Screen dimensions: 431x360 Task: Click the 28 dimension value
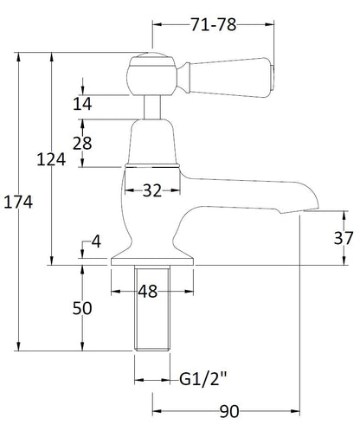pos(82,143)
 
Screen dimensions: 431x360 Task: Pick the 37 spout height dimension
pos(344,238)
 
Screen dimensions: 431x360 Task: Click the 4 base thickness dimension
pos(97,242)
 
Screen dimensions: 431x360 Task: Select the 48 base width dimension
pos(148,292)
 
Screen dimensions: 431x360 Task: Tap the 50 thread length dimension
pos(82,310)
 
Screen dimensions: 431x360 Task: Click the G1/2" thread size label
pos(205,378)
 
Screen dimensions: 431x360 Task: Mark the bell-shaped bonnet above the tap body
pos(153,140)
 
